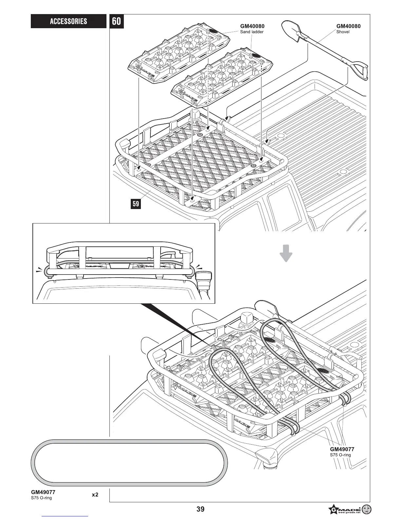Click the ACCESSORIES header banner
click(68, 21)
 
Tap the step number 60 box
click(116, 21)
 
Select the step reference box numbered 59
click(136, 204)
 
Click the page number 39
click(200, 509)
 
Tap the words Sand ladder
click(252, 32)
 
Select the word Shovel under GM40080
click(343, 32)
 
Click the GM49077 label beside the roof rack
click(342, 449)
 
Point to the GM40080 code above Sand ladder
click(252, 26)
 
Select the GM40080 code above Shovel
click(348, 26)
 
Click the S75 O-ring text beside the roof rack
click(340, 455)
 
